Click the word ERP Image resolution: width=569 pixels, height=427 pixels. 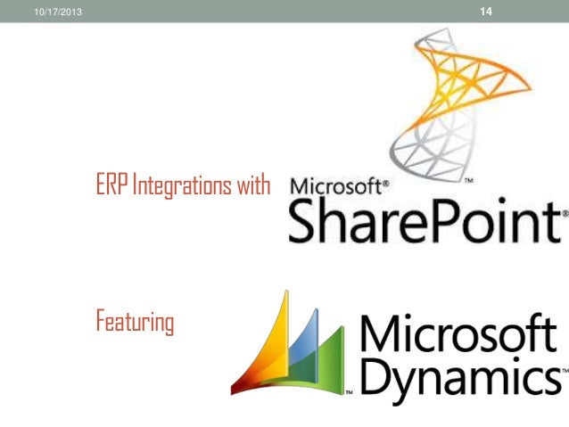(111, 187)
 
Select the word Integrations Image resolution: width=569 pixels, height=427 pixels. (187, 188)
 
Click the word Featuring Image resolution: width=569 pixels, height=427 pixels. (135, 321)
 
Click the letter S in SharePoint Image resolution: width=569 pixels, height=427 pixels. (305, 221)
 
